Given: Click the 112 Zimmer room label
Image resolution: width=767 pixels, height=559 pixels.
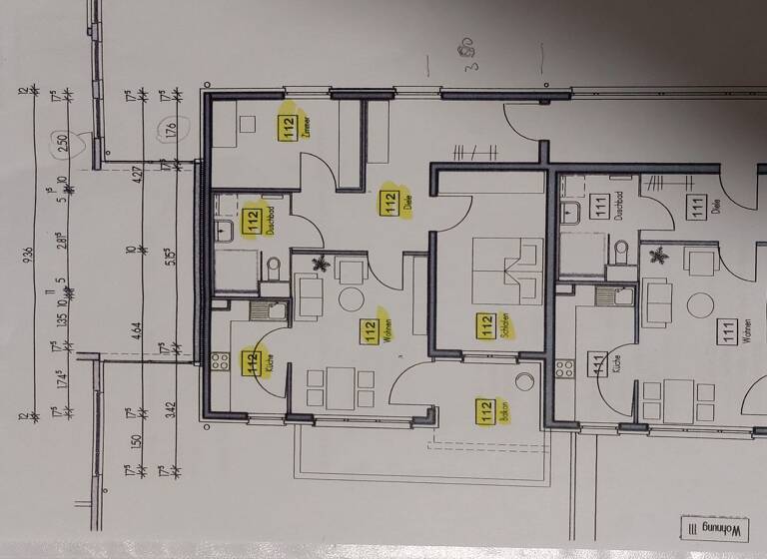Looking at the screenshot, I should (290, 128).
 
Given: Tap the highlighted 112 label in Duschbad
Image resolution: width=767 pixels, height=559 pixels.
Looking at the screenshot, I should (253, 220).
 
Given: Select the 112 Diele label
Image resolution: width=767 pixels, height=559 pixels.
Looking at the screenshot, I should (389, 204).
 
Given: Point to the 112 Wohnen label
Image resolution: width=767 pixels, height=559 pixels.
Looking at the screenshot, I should (370, 328).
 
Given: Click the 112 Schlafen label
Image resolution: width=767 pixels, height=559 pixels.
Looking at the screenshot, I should (486, 327).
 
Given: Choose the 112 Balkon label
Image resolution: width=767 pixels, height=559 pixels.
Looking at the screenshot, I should (486, 411).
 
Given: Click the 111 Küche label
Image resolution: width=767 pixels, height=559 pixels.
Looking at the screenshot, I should (600, 365).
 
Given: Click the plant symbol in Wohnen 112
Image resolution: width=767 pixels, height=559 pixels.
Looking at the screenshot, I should (321, 266).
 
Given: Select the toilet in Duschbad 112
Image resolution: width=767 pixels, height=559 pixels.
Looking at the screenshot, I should (275, 268).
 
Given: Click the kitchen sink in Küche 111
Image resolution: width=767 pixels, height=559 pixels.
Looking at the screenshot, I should (607, 296).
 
